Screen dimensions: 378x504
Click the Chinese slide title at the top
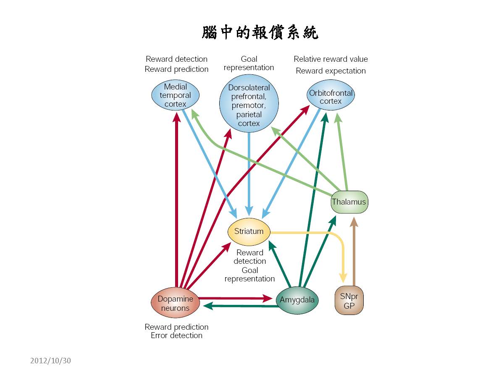pyautogui.click(x=260, y=32)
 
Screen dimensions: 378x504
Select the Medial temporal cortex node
pyautogui.click(x=176, y=95)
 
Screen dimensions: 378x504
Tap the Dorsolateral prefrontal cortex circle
pyautogui.click(x=249, y=105)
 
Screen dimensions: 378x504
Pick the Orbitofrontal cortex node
pyautogui.click(x=331, y=97)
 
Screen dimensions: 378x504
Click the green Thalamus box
pyautogui.click(x=349, y=202)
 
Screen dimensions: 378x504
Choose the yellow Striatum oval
pyautogui.click(x=249, y=231)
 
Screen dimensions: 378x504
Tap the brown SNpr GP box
pyautogui.click(x=349, y=301)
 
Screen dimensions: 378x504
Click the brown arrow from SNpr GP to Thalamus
pyautogui.click(x=354, y=252)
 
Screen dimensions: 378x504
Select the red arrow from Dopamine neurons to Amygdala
pyautogui.click(x=235, y=298)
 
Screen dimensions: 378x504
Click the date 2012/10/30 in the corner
pyautogui.click(x=51, y=360)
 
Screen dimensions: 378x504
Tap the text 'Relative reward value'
pyautogui.click(x=331, y=59)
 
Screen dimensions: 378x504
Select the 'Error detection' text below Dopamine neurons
pyautogui.click(x=176, y=336)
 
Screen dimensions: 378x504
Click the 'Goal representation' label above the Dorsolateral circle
pyautogui.click(x=249, y=63)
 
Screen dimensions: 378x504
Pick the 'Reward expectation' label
pyautogui.click(x=331, y=71)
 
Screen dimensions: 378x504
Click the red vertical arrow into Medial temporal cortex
pyautogui.click(x=177, y=202)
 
